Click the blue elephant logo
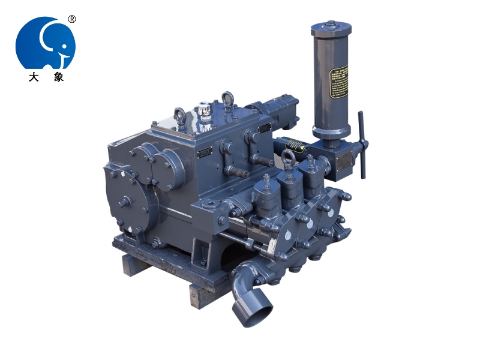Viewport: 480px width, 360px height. pyautogui.click(x=46, y=43)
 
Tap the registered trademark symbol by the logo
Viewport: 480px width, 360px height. pyautogui.click(x=72, y=19)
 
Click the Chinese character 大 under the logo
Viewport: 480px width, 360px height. pyautogui.click(x=33, y=77)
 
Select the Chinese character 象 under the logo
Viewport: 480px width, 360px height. pyautogui.click(x=58, y=77)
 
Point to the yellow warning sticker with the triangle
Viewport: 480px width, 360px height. pyautogui.click(x=295, y=146)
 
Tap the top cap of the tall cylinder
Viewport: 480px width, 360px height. pyautogui.click(x=331, y=28)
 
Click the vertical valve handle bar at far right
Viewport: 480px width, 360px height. pyautogui.click(x=362, y=144)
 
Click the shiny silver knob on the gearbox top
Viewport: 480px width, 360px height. pyautogui.click(x=205, y=112)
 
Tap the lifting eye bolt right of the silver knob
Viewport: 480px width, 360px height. pyautogui.click(x=227, y=98)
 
